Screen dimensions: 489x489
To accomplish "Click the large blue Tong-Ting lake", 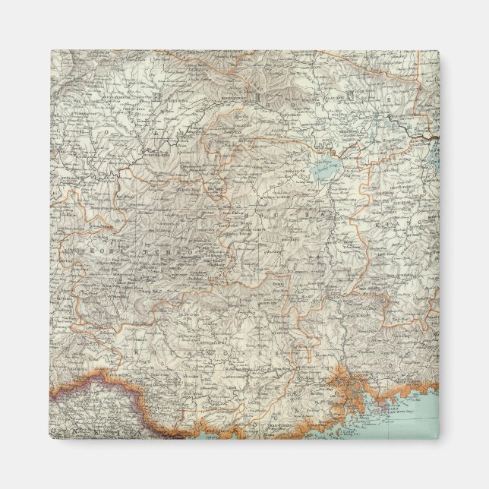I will click(x=327, y=170).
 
